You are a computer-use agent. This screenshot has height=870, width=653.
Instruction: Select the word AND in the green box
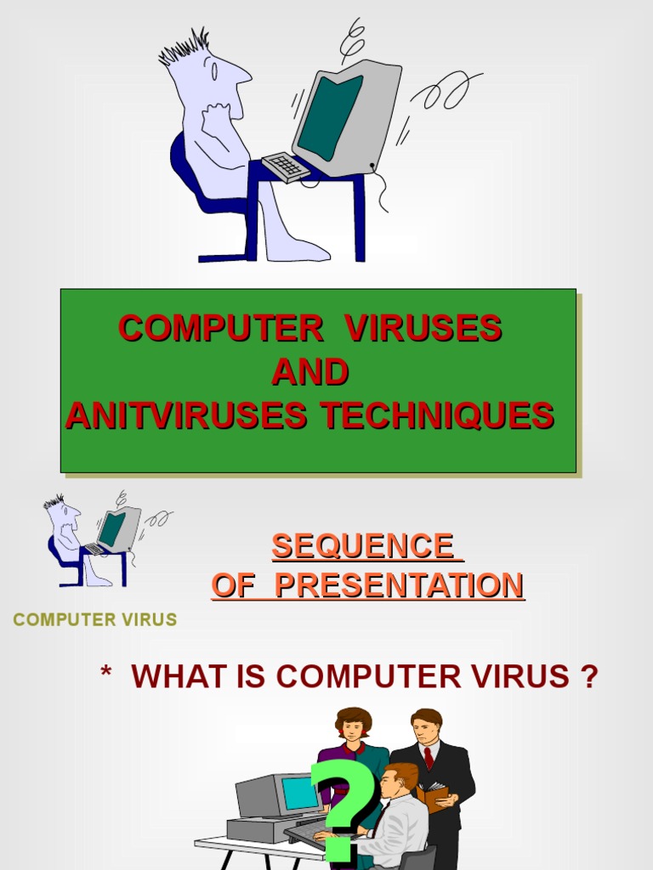coord(309,372)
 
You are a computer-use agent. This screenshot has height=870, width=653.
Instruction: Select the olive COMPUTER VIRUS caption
coord(95,619)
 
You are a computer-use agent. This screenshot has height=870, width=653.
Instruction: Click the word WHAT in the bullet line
coord(171,677)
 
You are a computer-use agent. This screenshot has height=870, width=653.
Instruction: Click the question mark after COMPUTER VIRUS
coord(589,677)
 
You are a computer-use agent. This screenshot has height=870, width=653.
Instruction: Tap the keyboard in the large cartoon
coord(286,166)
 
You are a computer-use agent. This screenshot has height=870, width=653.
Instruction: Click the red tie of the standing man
coord(429,757)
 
